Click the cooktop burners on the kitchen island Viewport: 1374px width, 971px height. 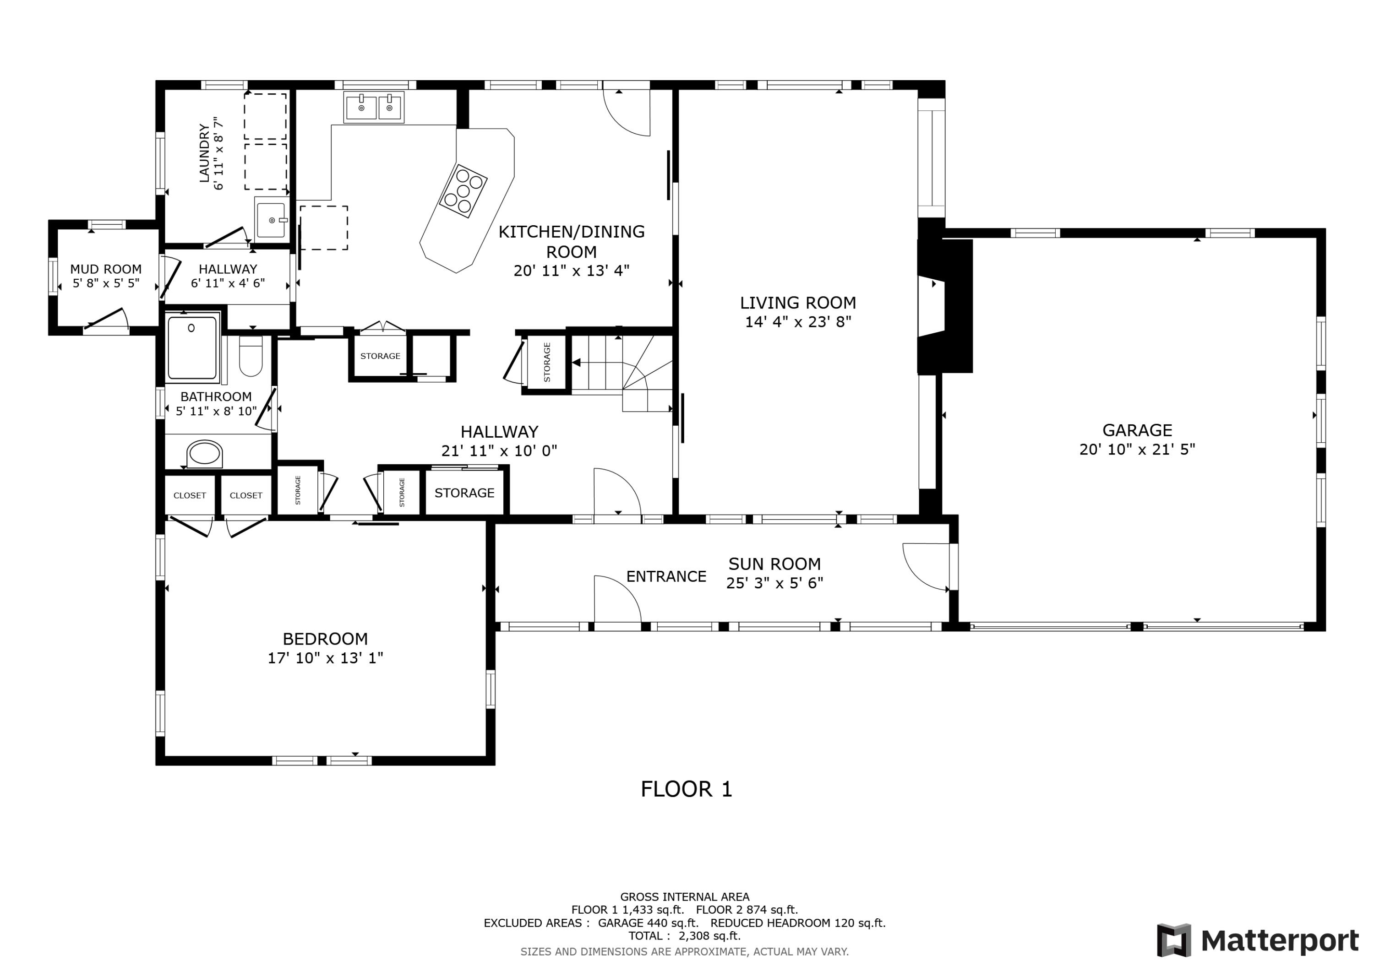click(x=463, y=190)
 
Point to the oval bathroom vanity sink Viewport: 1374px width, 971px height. click(x=205, y=454)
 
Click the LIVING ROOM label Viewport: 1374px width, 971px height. click(x=798, y=303)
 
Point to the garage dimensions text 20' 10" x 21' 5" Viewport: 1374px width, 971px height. click(x=1137, y=449)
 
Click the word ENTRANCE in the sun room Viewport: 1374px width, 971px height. click(x=666, y=576)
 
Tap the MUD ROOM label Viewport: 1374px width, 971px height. click(x=106, y=269)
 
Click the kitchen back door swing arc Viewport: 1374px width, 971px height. click(x=626, y=113)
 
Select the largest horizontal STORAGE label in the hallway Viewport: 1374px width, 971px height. click(x=464, y=493)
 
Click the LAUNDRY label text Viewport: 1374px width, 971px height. click(x=205, y=153)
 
